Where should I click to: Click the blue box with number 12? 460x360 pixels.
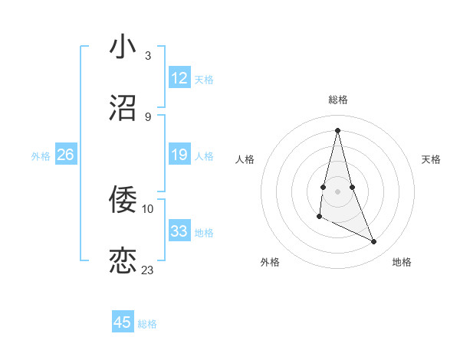coord(179,78)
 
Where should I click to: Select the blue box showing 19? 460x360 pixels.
coord(179,155)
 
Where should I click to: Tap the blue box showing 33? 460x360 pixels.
coord(179,231)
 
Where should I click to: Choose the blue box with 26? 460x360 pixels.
coord(65,155)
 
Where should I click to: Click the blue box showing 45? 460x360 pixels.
coord(123,322)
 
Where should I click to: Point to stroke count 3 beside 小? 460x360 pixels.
coord(147,55)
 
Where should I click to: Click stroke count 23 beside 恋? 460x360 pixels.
coord(147,270)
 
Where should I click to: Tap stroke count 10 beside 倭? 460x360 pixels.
coord(147,208)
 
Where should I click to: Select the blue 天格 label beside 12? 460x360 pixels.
coord(204,79)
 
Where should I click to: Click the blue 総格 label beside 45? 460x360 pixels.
coord(147,324)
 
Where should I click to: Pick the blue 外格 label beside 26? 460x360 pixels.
coord(41,156)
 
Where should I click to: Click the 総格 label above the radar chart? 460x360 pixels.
coord(338,100)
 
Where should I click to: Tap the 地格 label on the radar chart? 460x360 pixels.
coord(402,262)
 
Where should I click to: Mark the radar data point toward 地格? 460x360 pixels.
coord(374,241)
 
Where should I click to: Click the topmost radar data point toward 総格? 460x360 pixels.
coord(337,130)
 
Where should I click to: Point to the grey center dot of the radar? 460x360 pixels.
coord(337,191)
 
